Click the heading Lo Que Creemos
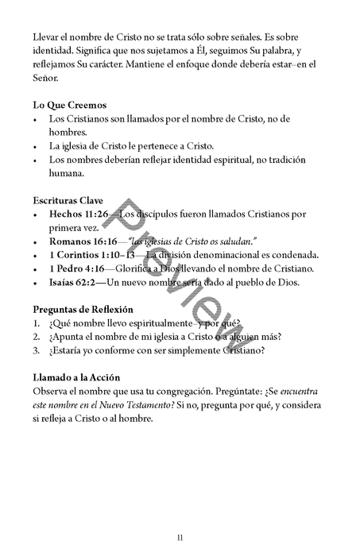[x=70, y=105]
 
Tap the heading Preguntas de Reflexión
[x=83, y=309]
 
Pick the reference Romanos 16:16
[x=82, y=241]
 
